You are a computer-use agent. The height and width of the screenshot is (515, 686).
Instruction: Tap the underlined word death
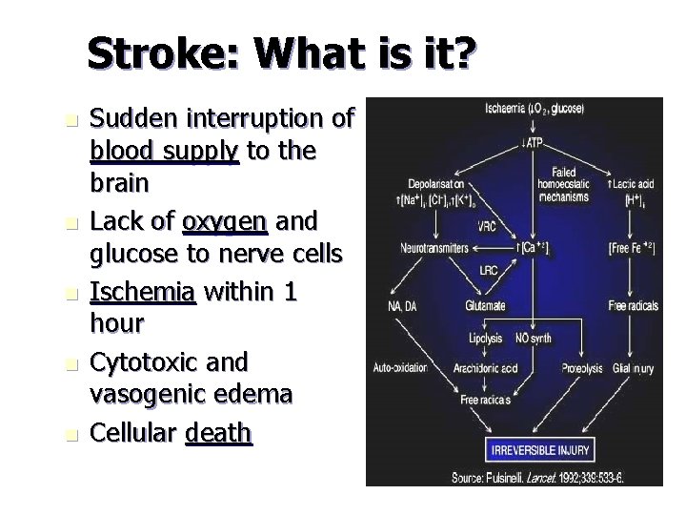coord(219,435)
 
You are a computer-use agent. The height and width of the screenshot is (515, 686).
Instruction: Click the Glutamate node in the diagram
coord(487,306)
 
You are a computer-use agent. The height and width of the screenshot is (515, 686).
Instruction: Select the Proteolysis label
coord(580,366)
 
